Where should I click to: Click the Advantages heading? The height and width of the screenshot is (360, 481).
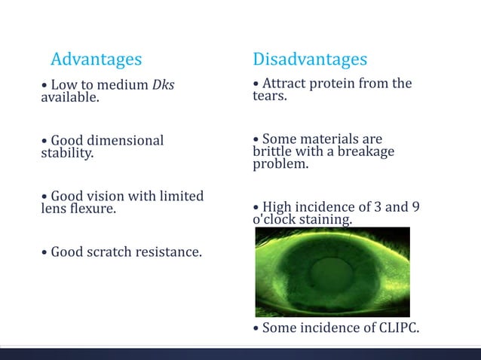coord(96,59)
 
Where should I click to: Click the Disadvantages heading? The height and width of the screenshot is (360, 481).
coord(310,59)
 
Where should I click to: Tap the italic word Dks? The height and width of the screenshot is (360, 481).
coord(163,85)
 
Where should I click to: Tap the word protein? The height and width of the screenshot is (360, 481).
coord(328,84)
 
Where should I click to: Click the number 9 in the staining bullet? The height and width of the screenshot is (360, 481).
coord(415,207)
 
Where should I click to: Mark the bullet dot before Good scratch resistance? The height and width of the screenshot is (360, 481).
coord(44,252)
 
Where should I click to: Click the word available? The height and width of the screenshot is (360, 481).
coord(69,98)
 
